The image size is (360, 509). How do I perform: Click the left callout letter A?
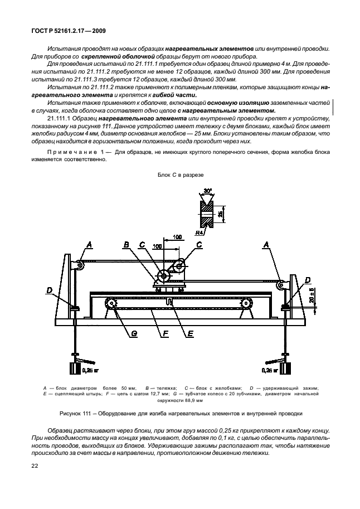tap(89, 244)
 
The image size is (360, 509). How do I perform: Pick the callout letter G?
tap(134, 335)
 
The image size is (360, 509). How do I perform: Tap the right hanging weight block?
tap(284, 370)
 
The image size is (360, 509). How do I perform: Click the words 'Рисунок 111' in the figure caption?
tap(75, 413)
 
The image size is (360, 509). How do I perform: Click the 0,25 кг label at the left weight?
tap(90, 369)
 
